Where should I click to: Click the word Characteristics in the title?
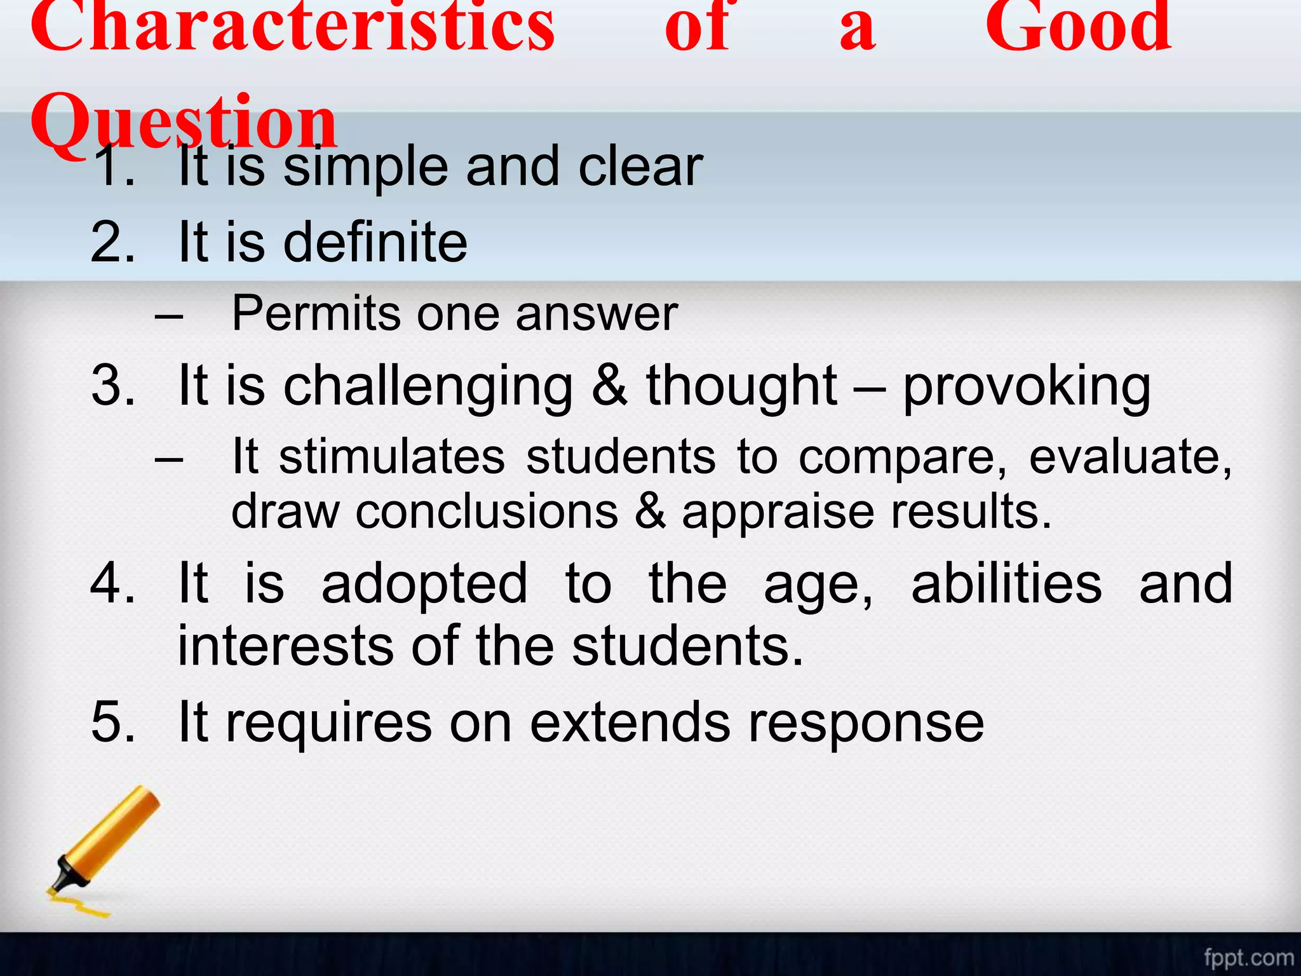tap(292, 29)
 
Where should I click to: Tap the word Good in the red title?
tap(1078, 29)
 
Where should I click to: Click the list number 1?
tap(113, 166)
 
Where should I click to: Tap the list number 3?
tap(113, 385)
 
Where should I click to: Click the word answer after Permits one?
tap(597, 315)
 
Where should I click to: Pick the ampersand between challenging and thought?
tap(609, 385)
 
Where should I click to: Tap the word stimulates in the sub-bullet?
tap(391, 457)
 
